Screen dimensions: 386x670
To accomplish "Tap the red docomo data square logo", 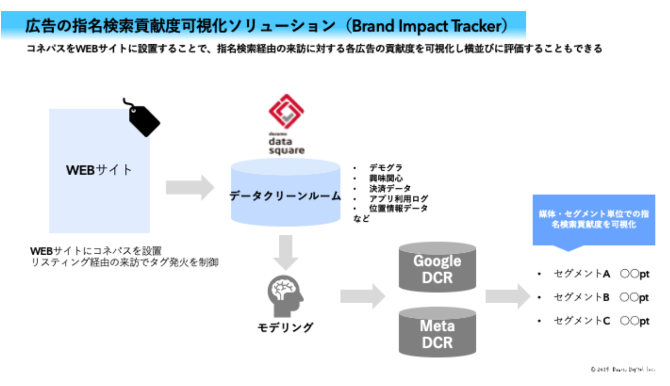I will pos(287,113).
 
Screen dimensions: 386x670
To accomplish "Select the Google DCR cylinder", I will pos(437,267).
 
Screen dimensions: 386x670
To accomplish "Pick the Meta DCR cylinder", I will pos(437,332).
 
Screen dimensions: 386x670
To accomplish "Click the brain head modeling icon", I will pos(285,296).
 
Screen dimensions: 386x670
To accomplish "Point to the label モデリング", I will pos(285,327).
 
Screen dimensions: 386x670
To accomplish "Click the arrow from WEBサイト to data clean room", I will pos(190,187).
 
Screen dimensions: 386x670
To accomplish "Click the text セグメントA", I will pos(582,274).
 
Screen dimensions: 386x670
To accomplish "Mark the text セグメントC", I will pos(582,321).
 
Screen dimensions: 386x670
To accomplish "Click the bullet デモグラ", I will pos(386,168).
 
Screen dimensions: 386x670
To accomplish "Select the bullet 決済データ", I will pos(390,188).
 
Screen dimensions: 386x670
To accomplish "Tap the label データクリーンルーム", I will pos(285,196).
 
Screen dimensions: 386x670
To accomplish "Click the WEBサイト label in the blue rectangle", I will pos(99,170).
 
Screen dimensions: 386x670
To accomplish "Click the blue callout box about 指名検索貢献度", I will pos(593,220).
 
